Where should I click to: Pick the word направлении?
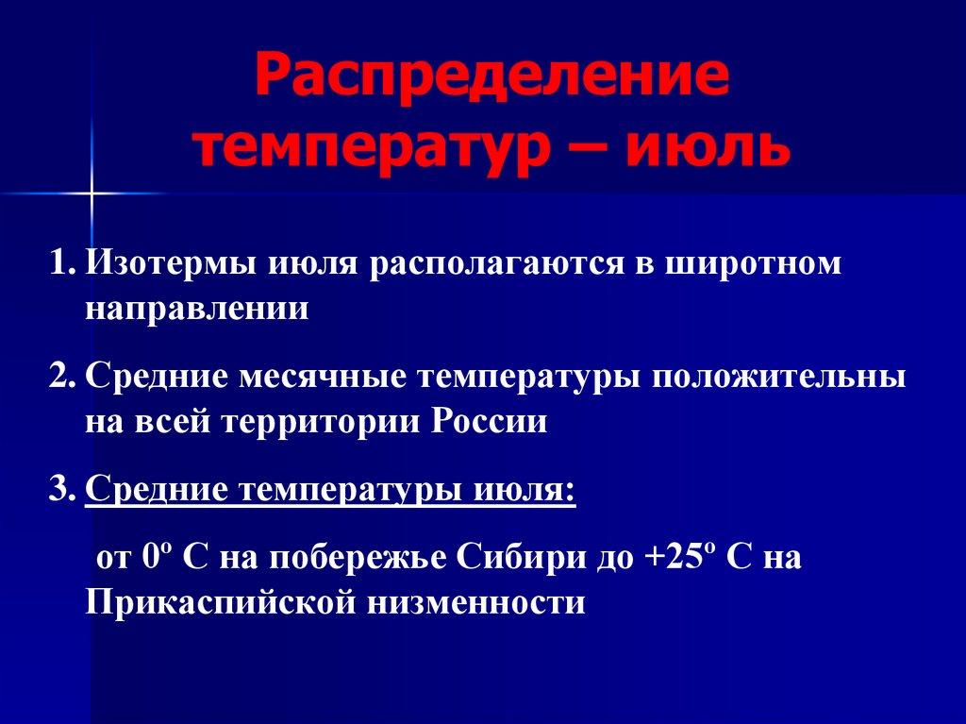pos(196,308)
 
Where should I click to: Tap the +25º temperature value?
pos(676,557)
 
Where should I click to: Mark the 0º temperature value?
pos(155,557)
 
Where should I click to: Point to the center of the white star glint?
pos(92,193)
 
